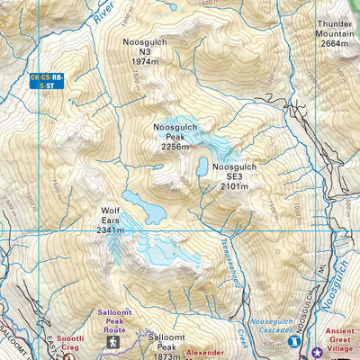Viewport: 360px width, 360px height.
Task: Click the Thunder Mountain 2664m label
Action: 333,32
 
